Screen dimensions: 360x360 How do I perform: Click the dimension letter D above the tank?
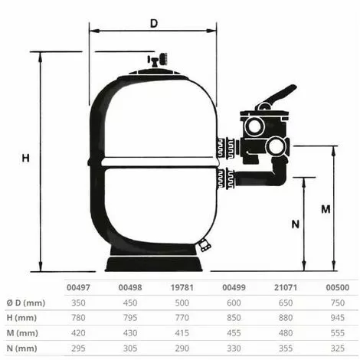pyautogui.click(x=153, y=24)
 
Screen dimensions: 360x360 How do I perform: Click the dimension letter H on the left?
pyautogui.click(x=25, y=159)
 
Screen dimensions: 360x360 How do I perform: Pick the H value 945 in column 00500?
pyautogui.click(x=335, y=318)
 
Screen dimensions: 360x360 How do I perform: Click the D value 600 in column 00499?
pyautogui.click(x=233, y=303)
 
